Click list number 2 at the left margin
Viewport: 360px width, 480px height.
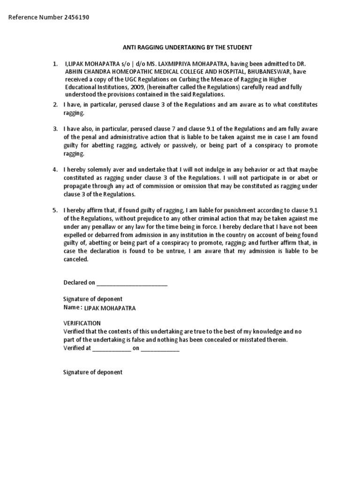pyautogui.click(x=55, y=104)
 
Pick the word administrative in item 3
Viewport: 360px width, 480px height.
pyautogui.click(x=123, y=137)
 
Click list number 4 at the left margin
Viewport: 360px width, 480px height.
pyautogui.click(x=55, y=169)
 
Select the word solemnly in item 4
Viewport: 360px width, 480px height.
pyautogui.click(x=99, y=169)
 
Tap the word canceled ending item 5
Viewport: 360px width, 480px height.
pyautogui.click(x=75, y=259)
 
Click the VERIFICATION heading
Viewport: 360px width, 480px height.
pyautogui.click(x=82, y=323)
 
